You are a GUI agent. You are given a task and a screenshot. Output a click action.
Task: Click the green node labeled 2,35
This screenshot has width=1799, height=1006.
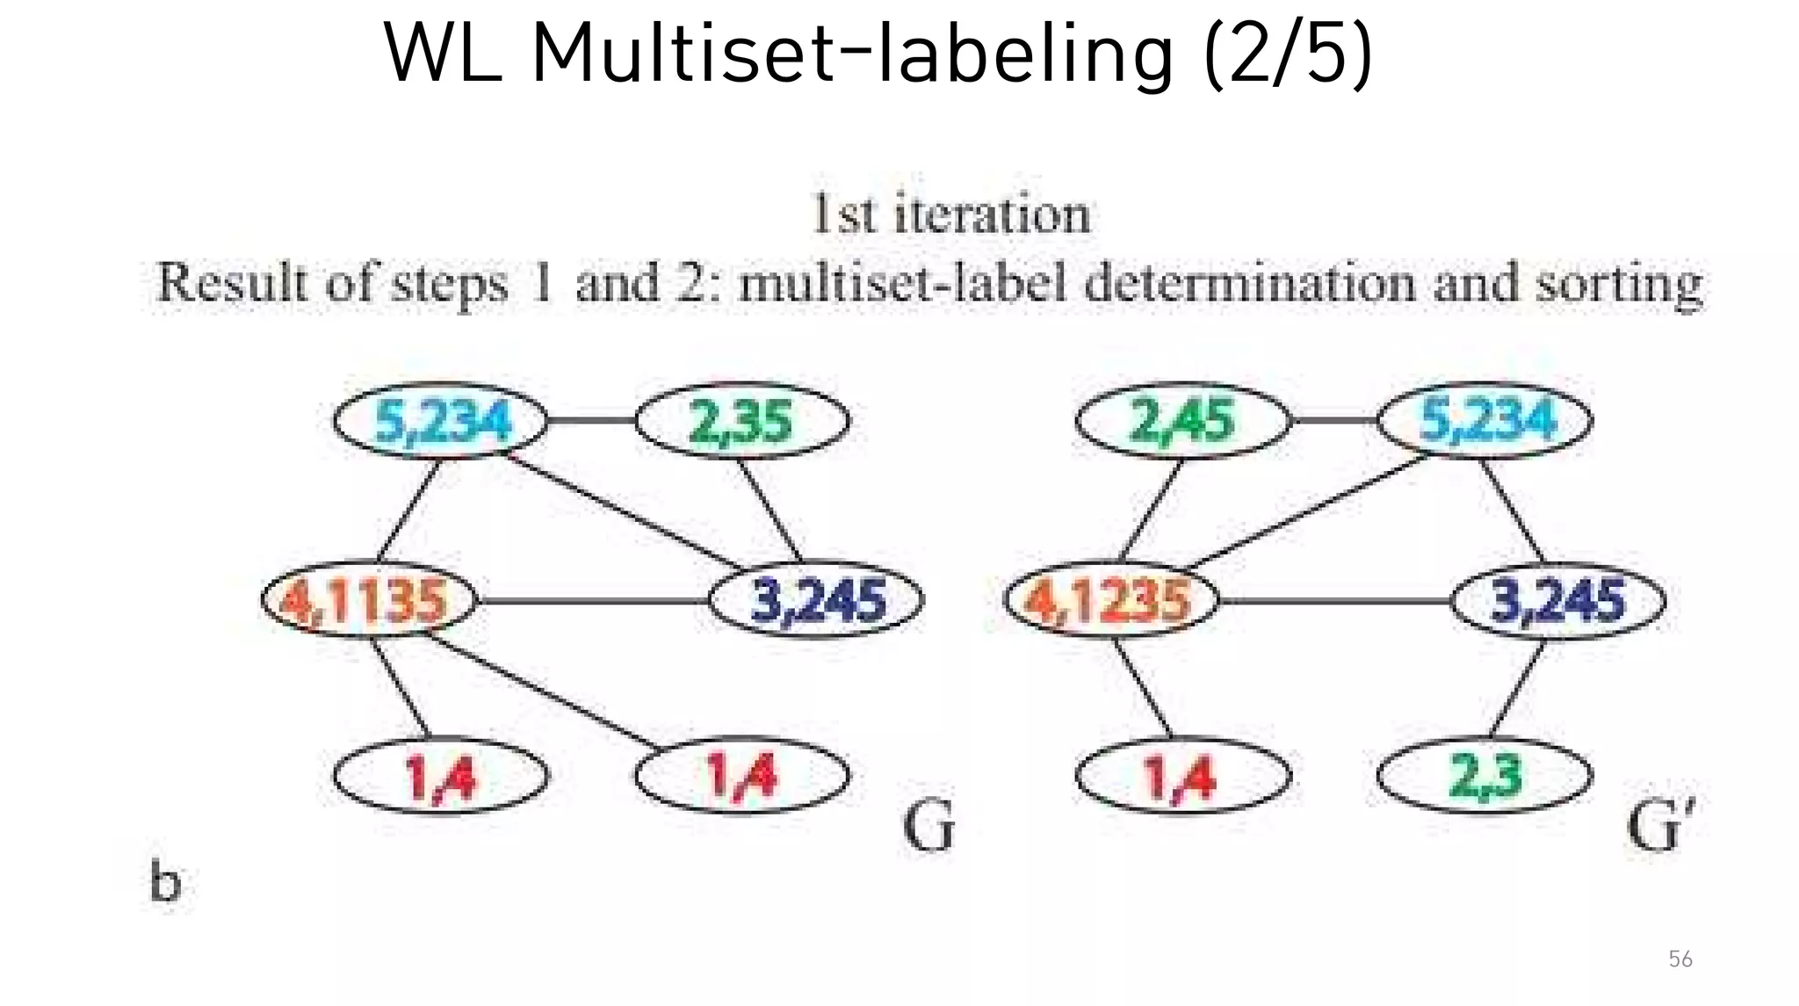tap(742, 421)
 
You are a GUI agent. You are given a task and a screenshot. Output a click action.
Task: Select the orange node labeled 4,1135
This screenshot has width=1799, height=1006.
tap(369, 601)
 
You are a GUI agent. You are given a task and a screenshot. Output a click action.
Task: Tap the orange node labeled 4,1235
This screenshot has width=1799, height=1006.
tap(1111, 601)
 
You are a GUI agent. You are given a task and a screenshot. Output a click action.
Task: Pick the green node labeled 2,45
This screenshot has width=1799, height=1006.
tap(1183, 421)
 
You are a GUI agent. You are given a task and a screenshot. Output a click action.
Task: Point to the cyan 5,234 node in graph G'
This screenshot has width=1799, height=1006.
tap(1485, 421)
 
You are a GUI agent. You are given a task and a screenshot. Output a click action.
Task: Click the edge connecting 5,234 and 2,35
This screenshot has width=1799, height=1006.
tap(591, 421)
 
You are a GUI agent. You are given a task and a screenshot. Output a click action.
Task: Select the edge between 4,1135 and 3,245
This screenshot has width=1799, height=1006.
tap(593, 601)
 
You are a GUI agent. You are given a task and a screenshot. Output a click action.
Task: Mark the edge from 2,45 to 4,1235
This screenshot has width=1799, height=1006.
tap(1151, 510)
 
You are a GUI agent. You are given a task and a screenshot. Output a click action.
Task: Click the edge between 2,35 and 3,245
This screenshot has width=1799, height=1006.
tap(769, 510)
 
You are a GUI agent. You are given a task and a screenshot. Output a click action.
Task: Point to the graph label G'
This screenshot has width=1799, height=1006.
tap(1659, 826)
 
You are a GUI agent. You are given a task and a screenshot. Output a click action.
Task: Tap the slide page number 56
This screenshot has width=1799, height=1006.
tap(1680, 959)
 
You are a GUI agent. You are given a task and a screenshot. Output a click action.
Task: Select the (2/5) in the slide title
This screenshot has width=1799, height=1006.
tap(1288, 54)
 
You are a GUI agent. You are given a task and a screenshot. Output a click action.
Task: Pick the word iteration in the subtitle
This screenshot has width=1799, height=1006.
tap(993, 214)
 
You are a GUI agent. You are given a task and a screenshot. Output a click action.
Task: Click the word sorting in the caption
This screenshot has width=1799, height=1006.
tap(1619, 284)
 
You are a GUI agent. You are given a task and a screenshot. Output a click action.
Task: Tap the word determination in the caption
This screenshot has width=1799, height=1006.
tap(1250, 284)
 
